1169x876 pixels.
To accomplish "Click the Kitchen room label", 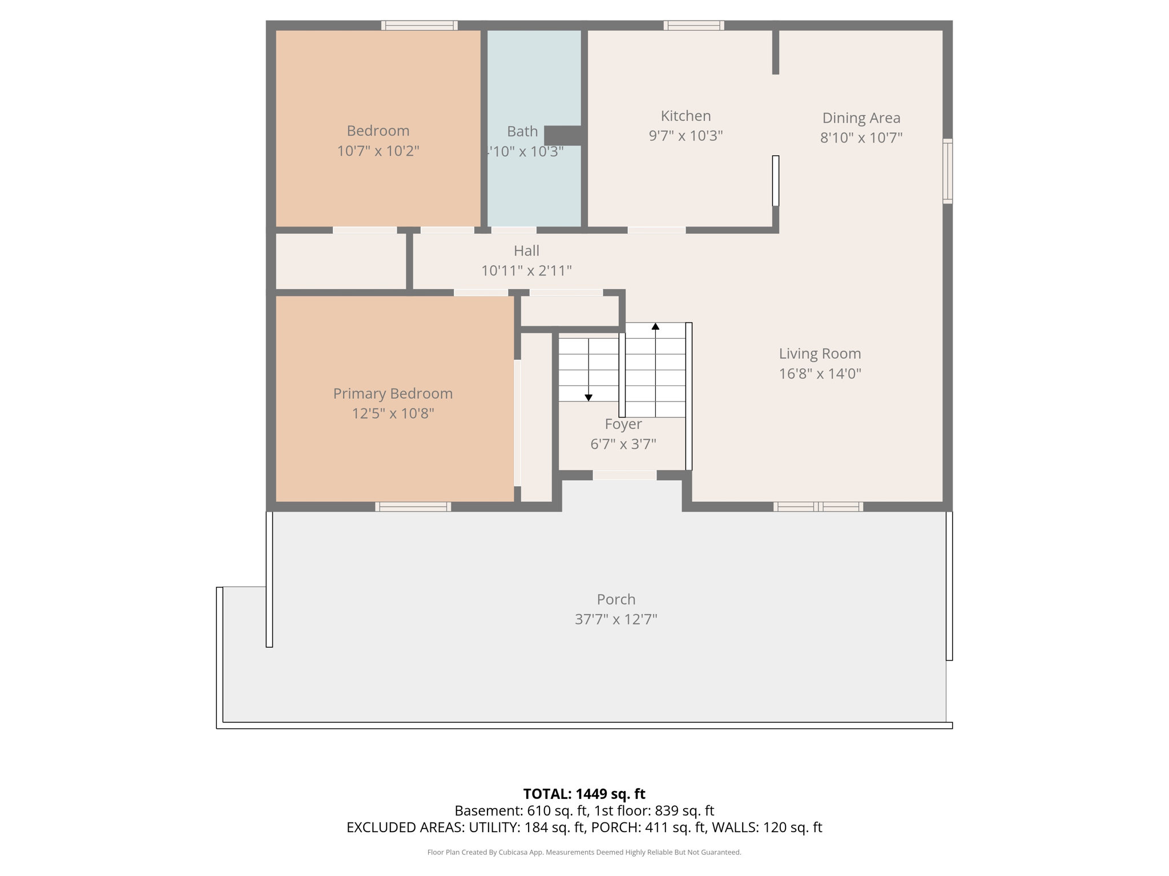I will (686, 116).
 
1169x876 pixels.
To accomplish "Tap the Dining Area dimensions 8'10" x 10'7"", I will (861, 137).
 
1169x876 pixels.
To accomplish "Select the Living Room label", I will (820, 354).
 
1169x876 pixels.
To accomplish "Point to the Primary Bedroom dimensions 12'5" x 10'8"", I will (393, 413).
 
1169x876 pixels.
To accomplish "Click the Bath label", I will (522, 131).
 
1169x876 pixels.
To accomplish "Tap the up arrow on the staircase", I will (655, 326).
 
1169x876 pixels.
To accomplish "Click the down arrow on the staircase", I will (588, 398).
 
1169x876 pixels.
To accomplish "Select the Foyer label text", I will (623, 424).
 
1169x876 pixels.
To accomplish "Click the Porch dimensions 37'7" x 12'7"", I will (616, 619).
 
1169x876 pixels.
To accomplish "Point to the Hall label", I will (526, 250).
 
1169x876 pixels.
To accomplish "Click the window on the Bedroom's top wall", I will (420, 25).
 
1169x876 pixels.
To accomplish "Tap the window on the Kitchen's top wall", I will (694, 25).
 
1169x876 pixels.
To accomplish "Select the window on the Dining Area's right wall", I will (948, 171).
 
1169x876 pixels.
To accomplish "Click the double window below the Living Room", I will (818, 506).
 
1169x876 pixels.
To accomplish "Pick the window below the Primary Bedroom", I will (413, 506).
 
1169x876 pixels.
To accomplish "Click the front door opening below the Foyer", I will (624, 475).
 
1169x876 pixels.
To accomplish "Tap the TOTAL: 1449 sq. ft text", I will (584, 794).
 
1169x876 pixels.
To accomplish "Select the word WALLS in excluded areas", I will (735, 828).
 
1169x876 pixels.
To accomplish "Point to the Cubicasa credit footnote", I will (584, 852).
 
